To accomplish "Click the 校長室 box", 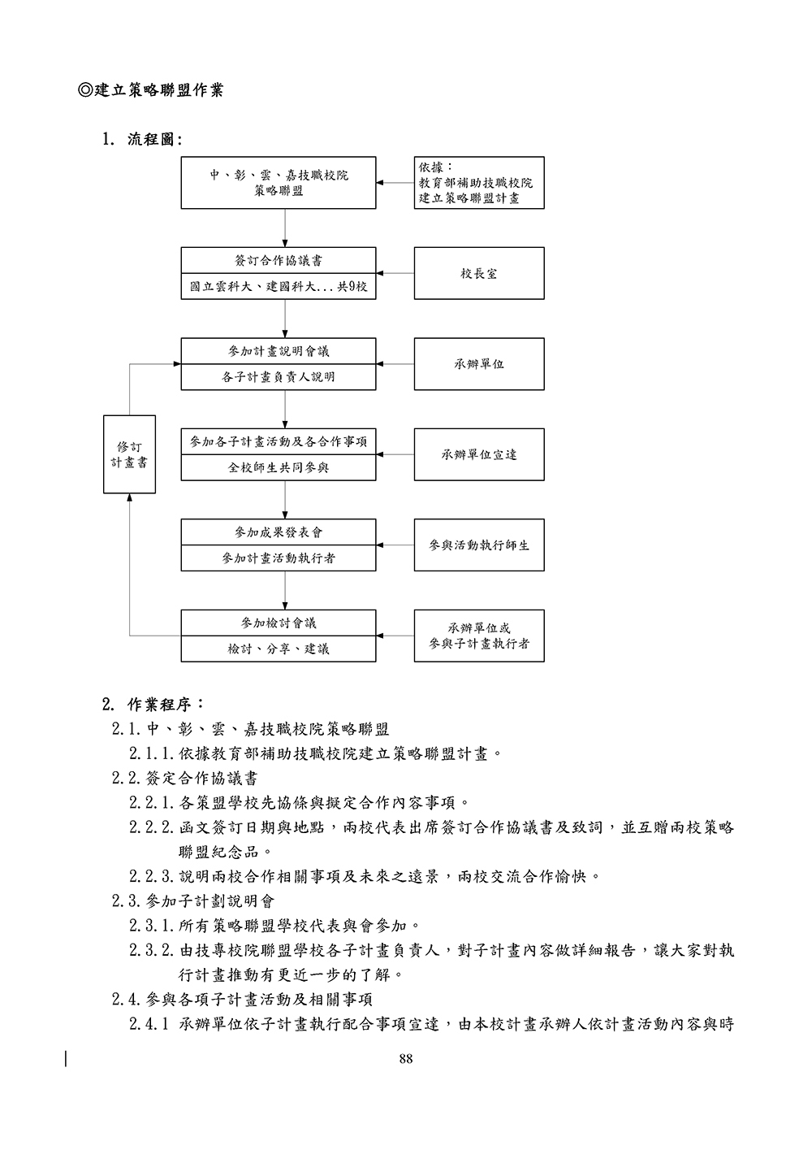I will (x=479, y=274).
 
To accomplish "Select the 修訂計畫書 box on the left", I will (x=129, y=454).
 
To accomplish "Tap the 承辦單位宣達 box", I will (x=479, y=454).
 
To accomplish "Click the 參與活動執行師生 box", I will (x=479, y=545).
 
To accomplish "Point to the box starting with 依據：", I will (x=479, y=183).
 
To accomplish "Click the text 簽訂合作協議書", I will (x=279, y=261).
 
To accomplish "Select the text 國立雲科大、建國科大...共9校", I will (x=279, y=287).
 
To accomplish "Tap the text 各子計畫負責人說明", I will (x=279, y=377).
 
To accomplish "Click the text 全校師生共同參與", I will (x=279, y=468).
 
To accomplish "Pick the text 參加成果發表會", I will (x=279, y=532).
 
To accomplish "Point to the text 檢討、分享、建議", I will (x=279, y=649).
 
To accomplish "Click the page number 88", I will (x=406, y=1058).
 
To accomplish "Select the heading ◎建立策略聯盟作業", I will (x=150, y=90).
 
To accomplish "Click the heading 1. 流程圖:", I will (x=142, y=140).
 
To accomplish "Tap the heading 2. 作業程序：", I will (x=153, y=704).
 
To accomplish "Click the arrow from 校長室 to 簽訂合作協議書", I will (x=395, y=274).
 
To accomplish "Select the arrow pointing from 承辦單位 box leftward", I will (x=395, y=364).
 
